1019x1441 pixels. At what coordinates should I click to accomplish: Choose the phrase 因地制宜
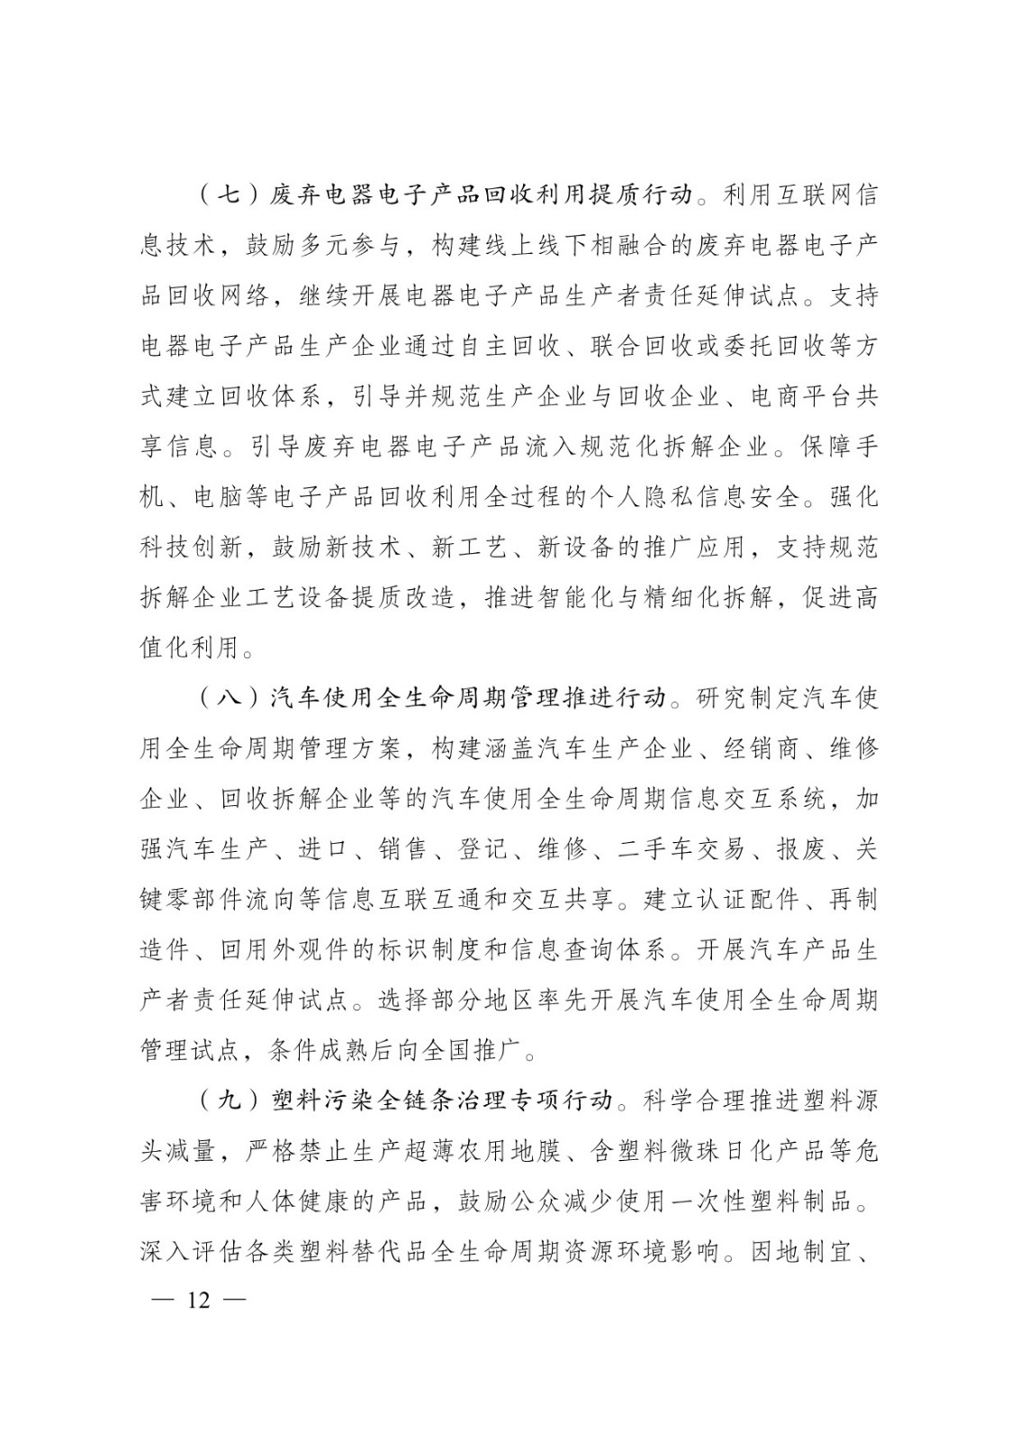click(797, 1250)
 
